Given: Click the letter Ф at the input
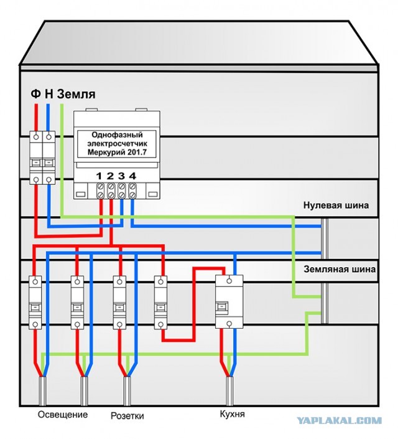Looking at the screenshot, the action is point(35,94).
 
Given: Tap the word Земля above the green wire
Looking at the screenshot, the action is point(76,94).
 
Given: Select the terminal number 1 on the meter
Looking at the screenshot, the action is point(99,176).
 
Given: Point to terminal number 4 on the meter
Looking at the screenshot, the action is point(132,176).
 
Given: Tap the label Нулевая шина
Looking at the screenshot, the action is point(336,205).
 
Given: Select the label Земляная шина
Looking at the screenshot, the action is point(340,270).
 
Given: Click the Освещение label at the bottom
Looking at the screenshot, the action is point(63,414).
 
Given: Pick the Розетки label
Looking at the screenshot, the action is point(127,416).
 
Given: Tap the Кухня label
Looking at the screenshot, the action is point(232,414).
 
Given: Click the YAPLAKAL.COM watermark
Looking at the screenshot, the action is point(339,420).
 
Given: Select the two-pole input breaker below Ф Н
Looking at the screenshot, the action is point(42,158).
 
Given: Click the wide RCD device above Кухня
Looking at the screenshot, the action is point(229,302).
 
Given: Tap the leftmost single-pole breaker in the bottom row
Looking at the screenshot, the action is point(35,303).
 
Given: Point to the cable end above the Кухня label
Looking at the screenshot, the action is point(229,391).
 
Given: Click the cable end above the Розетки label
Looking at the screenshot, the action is point(127,391).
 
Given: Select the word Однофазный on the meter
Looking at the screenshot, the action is point(117,135).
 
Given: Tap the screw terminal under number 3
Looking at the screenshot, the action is point(121,191).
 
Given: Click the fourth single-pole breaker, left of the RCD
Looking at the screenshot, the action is point(160,303).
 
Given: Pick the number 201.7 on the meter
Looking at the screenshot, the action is point(136,153).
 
